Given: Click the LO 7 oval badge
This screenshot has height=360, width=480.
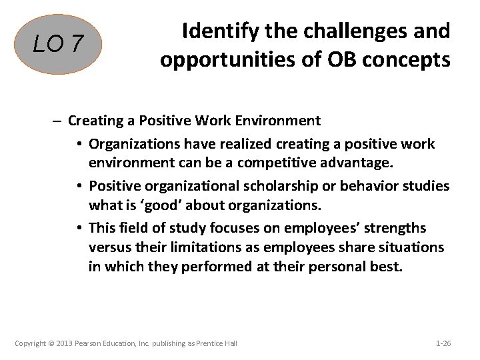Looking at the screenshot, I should (59, 45).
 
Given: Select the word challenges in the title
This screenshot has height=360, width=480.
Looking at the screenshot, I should (347, 31).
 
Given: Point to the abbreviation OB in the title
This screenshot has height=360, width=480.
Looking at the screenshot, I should (336, 60).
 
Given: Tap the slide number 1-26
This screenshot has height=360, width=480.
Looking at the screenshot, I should (443, 343).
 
